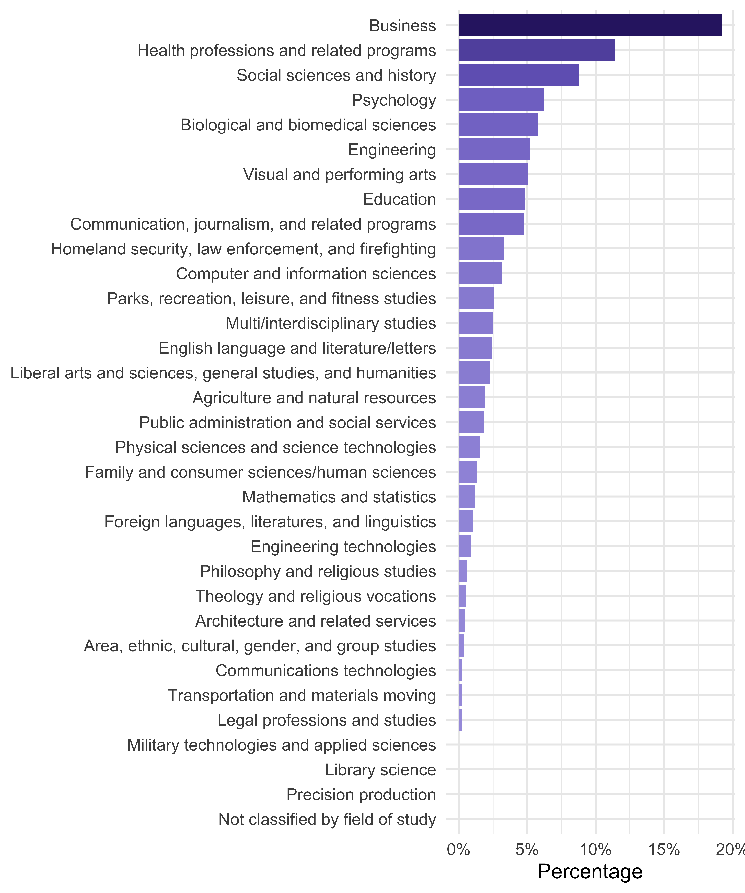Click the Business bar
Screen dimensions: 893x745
[x=590, y=26]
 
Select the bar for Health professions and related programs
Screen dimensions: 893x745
[x=536, y=50]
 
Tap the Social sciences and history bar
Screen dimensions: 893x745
[x=519, y=75]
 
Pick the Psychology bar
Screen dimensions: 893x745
[x=501, y=100]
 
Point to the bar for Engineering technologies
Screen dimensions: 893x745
[x=465, y=546]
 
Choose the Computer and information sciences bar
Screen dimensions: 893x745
[x=480, y=273]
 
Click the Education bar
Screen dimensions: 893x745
[x=492, y=199]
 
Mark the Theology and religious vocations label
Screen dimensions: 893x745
[x=316, y=596]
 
